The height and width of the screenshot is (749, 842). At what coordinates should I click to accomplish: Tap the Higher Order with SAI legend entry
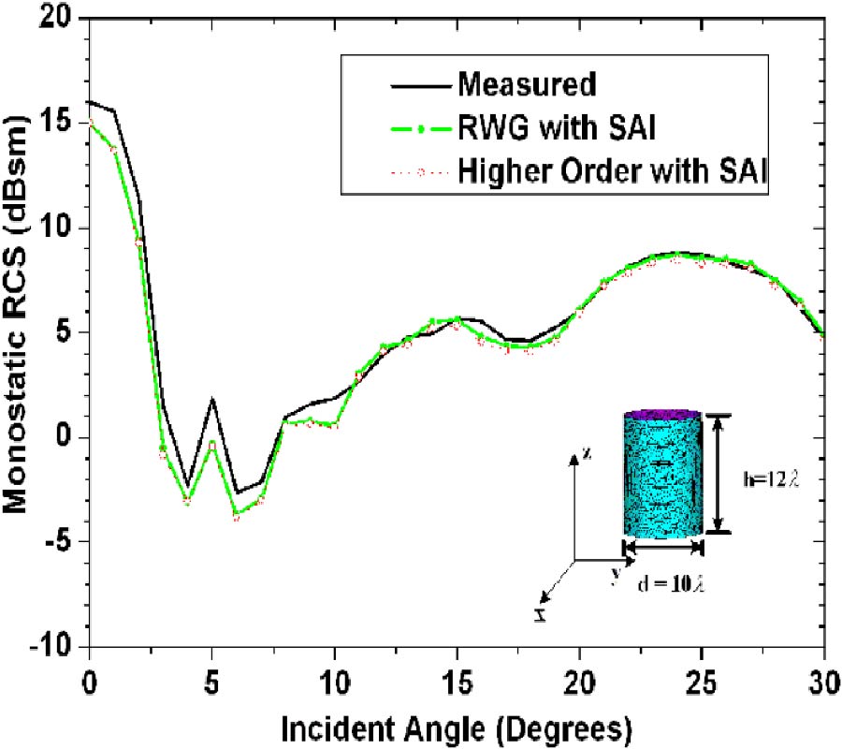click(x=613, y=171)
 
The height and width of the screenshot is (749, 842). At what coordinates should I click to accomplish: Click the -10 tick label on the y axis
click(x=58, y=647)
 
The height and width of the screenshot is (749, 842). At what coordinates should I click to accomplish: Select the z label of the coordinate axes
click(x=586, y=452)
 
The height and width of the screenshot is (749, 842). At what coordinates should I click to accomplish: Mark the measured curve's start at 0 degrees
click(x=89, y=101)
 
